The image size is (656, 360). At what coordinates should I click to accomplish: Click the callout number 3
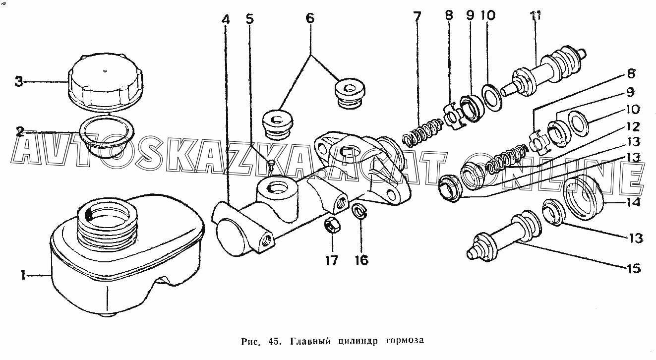19,82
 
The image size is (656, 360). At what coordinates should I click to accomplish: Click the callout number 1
23,275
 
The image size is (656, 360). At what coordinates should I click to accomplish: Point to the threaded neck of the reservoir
107,225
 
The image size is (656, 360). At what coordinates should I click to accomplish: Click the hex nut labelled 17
332,226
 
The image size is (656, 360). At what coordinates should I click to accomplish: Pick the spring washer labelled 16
360,212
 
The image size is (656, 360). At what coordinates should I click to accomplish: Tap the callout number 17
331,260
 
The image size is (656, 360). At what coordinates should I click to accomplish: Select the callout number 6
309,18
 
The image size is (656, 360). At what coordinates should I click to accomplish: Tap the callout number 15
633,269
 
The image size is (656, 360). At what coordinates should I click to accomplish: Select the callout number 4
225,19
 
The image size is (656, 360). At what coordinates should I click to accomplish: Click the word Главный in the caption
310,341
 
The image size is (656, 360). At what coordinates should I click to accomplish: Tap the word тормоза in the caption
405,341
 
